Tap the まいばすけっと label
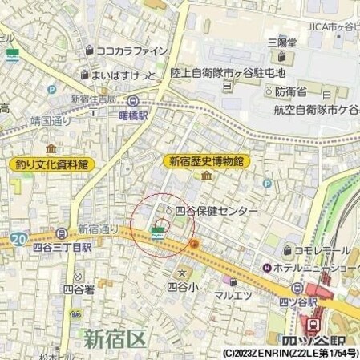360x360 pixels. (124, 75)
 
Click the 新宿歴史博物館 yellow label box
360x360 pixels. (207, 161)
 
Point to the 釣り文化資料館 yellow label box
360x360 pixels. (51, 164)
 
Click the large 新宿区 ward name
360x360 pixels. (117, 338)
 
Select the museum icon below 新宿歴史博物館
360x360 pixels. (206, 176)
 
